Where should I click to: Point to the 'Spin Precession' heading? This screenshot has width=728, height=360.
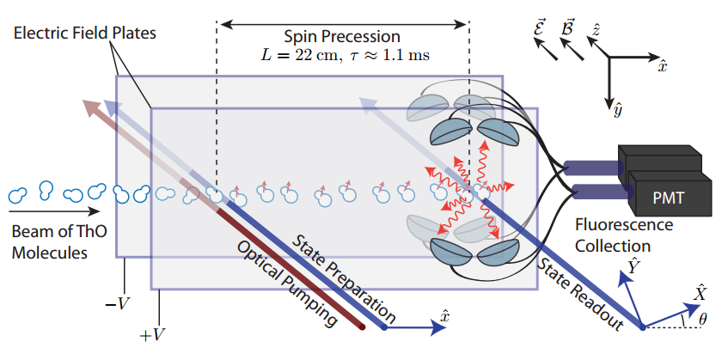click(x=343, y=37)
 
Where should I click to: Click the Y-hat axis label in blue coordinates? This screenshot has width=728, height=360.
click(x=635, y=267)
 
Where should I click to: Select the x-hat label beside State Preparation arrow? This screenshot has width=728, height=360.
click(x=444, y=315)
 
